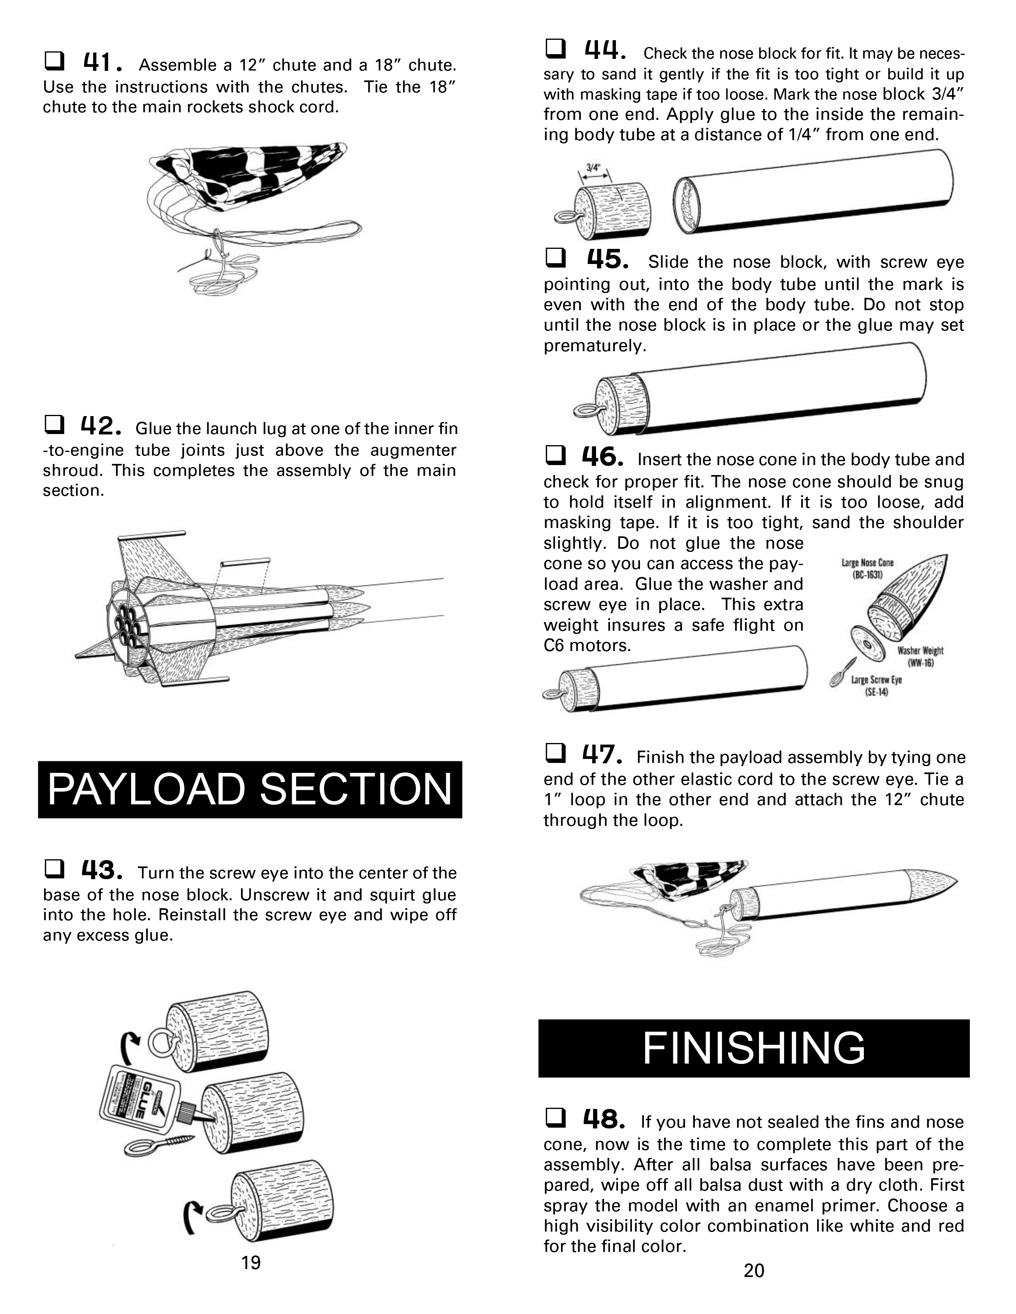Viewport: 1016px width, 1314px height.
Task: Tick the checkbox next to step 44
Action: pos(555,48)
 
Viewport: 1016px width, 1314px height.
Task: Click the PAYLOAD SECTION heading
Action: pos(250,789)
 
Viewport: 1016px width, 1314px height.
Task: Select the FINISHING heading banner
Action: pos(753,1048)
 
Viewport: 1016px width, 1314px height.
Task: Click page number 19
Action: pos(251,1262)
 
